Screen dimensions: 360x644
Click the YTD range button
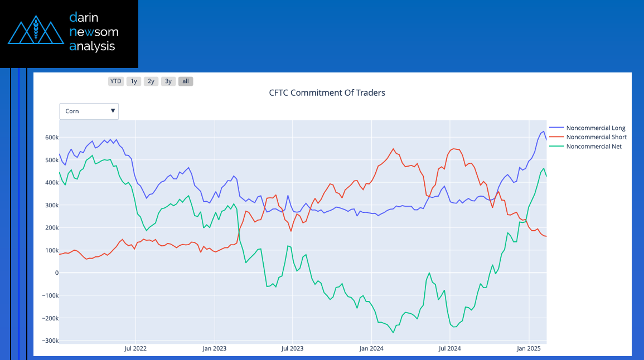pos(115,81)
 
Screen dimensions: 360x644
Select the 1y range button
pos(133,81)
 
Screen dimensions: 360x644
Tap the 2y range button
pos(151,81)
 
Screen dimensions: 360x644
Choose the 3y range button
pos(168,81)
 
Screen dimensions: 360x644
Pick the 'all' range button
pos(186,81)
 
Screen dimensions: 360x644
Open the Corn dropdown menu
pos(89,111)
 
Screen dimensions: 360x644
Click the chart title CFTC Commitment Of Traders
pos(327,93)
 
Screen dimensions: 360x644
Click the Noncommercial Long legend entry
pos(595,128)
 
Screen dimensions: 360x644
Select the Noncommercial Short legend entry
pos(595,137)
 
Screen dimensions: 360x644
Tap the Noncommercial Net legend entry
pos(593,147)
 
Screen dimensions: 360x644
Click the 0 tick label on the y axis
pos(56,273)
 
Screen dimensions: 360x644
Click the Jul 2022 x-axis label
pos(135,349)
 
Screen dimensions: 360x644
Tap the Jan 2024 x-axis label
pos(371,349)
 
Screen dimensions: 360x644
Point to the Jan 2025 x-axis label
pos(529,349)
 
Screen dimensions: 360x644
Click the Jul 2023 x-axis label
pos(292,349)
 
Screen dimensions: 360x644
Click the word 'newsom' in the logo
pos(94,32)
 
